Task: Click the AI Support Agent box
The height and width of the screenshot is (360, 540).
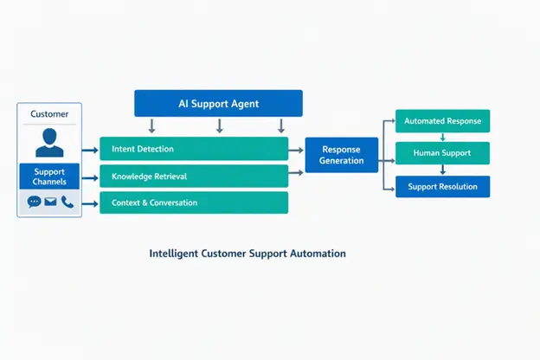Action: click(218, 103)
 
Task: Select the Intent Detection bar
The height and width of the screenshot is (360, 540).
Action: click(194, 149)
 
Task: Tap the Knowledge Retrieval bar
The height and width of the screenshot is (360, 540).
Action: click(194, 176)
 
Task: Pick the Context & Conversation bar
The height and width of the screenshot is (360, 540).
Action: click(194, 202)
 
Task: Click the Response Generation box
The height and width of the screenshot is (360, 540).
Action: click(342, 155)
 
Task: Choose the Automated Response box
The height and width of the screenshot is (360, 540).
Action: click(442, 121)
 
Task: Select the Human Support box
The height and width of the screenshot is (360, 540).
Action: click(442, 153)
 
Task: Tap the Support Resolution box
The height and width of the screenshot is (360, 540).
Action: click(442, 187)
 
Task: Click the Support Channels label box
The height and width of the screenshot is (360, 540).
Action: click(49, 177)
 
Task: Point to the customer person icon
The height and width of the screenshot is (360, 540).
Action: click(49, 142)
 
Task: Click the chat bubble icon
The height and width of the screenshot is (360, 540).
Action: click(35, 202)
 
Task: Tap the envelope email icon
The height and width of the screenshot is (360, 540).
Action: click(50, 201)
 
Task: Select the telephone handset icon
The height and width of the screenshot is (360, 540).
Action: click(67, 202)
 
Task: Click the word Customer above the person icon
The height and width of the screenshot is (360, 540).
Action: click(49, 114)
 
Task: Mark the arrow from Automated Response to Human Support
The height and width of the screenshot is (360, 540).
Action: click(443, 137)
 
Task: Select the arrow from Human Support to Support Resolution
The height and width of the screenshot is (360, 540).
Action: click(443, 170)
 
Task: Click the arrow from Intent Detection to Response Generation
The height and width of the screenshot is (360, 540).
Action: click(296, 151)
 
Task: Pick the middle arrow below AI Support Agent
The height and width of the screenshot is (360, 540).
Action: click(220, 126)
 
